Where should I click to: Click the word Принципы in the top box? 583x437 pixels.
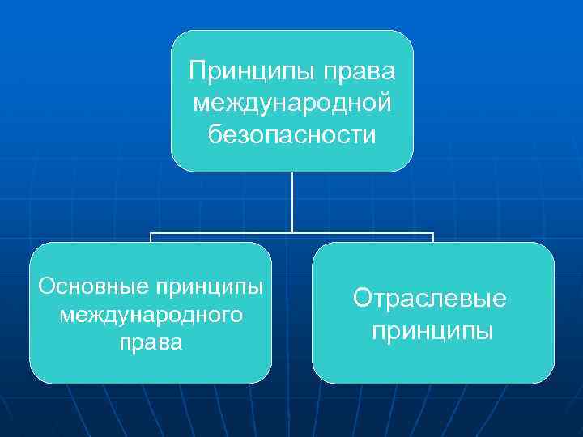[251, 72]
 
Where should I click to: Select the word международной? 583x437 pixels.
[292, 103]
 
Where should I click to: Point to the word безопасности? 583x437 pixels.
[292, 134]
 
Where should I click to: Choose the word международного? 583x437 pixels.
[151, 314]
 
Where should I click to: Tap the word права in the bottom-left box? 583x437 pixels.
[151, 342]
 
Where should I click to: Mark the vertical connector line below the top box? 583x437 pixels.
[292, 202]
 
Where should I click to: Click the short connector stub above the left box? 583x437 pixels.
[151, 238]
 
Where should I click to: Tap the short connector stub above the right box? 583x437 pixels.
[433, 238]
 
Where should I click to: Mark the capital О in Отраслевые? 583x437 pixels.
[362, 299]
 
